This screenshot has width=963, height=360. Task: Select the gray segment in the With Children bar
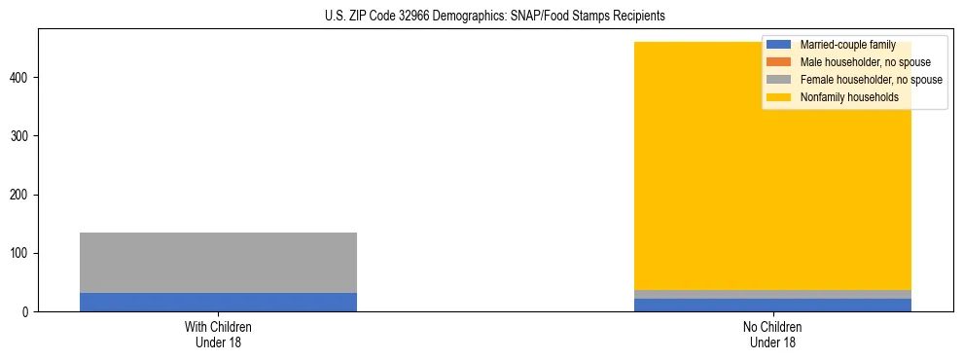point(218,263)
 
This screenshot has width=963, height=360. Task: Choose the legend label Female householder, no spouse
point(871,80)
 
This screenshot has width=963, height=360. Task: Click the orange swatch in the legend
point(779,62)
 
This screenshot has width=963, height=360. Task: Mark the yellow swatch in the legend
point(779,97)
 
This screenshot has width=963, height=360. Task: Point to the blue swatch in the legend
point(779,45)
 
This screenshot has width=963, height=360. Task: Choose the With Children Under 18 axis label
point(218,335)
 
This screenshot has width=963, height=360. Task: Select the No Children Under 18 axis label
point(772,335)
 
